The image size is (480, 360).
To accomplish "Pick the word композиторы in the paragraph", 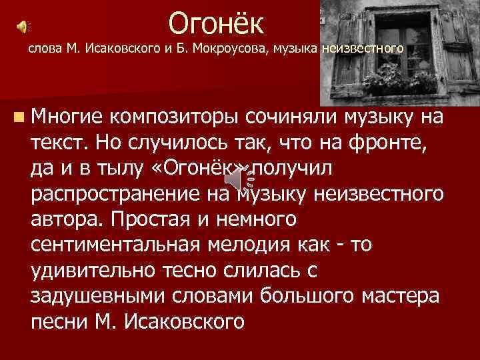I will point(175,119).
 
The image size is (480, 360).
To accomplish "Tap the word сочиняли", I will point(294,119).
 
